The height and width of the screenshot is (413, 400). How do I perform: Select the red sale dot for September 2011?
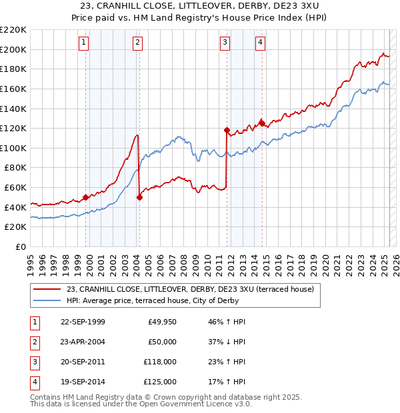click(227, 130)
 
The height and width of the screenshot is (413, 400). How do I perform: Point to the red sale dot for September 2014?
click(262, 123)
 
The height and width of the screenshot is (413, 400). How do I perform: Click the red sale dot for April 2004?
click(139, 197)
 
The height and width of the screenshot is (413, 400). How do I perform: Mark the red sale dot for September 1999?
click(85, 197)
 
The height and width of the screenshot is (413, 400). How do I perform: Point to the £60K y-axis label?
click(15, 188)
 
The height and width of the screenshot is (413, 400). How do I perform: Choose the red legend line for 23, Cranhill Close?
click(47, 289)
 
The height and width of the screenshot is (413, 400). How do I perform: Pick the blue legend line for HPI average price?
click(47, 300)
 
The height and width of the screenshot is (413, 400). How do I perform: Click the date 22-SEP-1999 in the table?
click(83, 322)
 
